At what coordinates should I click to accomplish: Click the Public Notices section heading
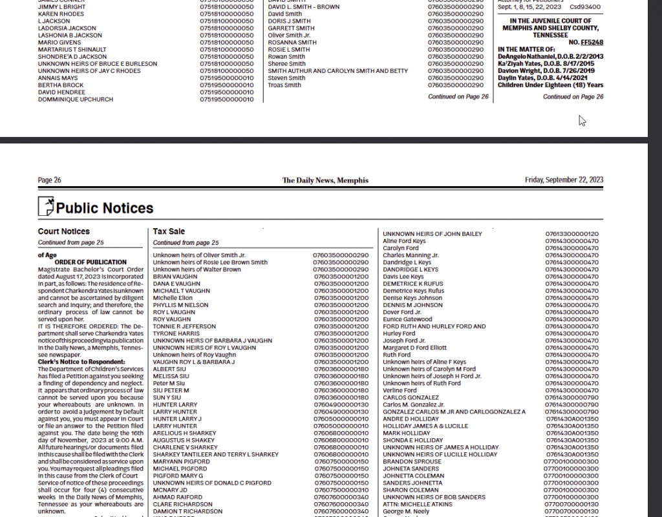[x=104, y=208]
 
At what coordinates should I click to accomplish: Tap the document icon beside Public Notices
[x=46, y=207]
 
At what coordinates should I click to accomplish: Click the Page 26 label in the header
[x=50, y=180]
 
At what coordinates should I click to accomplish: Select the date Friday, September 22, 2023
[x=564, y=180]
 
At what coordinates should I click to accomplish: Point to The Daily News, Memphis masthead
[x=325, y=180]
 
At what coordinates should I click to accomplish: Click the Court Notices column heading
[x=64, y=231]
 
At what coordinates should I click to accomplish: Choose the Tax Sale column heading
[x=169, y=231]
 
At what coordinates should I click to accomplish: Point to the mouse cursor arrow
[x=581, y=120]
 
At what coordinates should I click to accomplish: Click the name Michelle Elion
[x=173, y=298]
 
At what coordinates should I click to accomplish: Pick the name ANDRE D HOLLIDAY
[x=411, y=419]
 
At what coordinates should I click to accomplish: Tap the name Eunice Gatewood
[x=407, y=319]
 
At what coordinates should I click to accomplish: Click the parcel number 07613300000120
[x=571, y=234]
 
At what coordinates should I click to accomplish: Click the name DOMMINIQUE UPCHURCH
[x=76, y=100]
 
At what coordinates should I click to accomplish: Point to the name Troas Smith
[x=284, y=85]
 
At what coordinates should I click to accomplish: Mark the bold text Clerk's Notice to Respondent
[x=81, y=362]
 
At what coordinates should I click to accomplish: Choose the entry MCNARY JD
[x=170, y=490]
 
